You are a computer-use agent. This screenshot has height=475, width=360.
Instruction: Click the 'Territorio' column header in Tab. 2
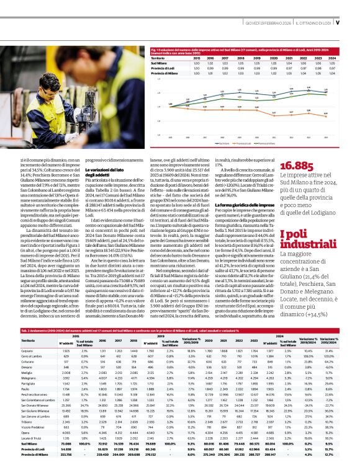click(29, 340)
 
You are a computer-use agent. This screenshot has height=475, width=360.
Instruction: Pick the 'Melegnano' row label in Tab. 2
click(29, 378)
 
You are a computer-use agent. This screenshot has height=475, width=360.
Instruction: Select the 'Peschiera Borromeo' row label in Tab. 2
click(35, 394)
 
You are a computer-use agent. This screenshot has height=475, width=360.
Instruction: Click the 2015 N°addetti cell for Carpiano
click(66, 350)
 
